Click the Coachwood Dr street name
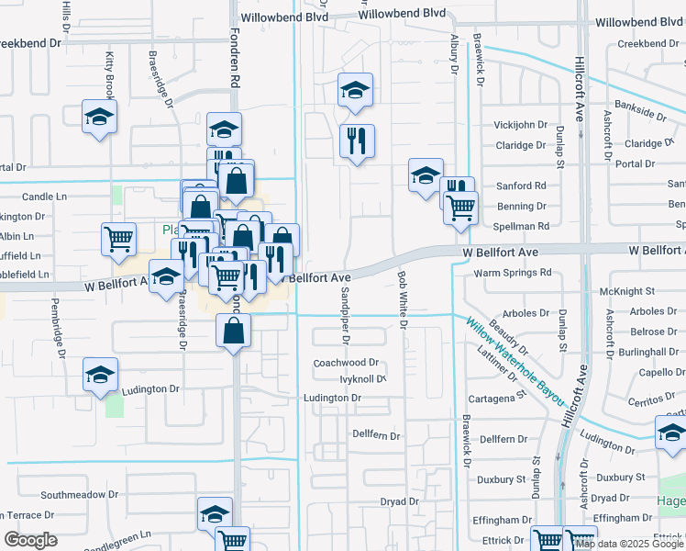[x=346, y=363]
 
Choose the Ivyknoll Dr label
[x=362, y=378]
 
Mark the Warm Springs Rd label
[x=513, y=273]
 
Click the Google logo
[x=30, y=540]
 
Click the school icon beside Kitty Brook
[x=99, y=117]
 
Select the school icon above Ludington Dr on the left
[x=99, y=374]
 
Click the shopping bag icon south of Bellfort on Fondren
[x=234, y=330]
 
